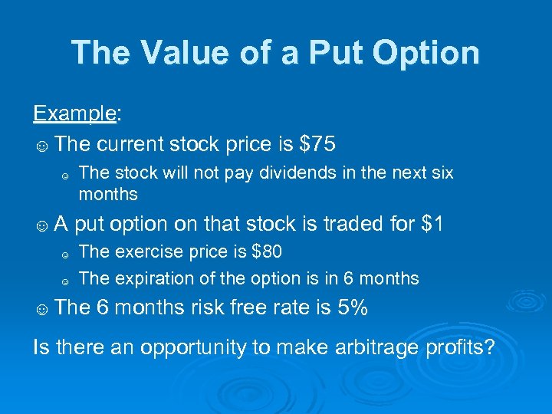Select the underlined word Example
click(x=74, y=114)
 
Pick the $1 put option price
click(x=432, y=224)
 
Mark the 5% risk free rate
click(x=353, y=307)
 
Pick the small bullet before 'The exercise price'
click(x=66, y=253)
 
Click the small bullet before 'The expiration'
click(x=66, y=279)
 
